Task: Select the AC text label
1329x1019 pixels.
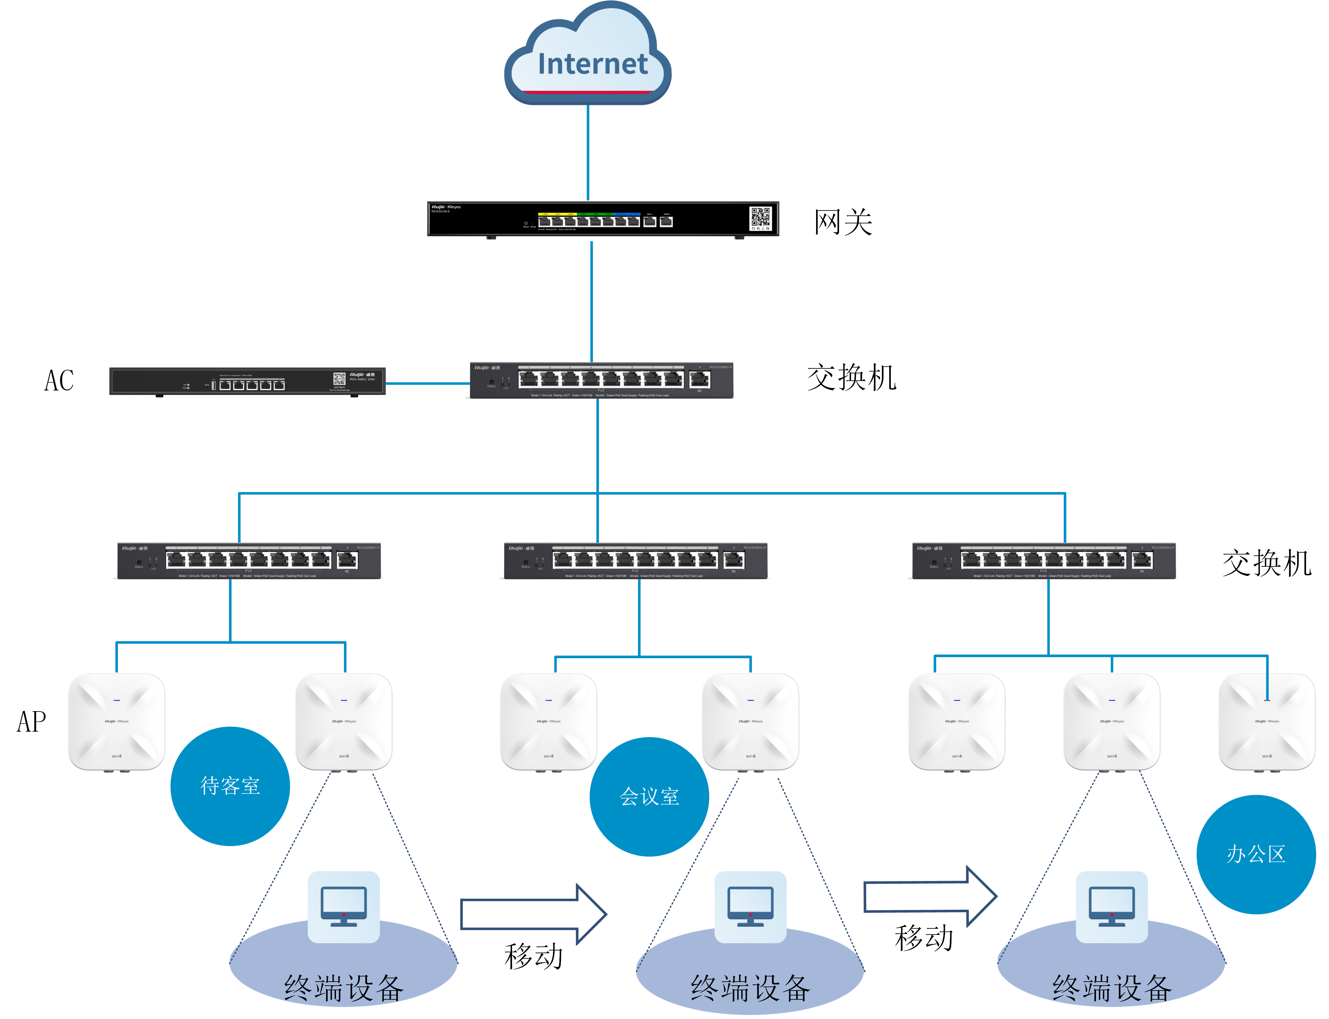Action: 59,381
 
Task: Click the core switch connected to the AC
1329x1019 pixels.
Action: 601,380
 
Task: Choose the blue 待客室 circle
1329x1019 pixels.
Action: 230,786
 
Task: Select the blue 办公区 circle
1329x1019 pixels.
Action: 1256,854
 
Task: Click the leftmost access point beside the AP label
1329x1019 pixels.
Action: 116,722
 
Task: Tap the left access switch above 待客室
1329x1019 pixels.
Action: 249,561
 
